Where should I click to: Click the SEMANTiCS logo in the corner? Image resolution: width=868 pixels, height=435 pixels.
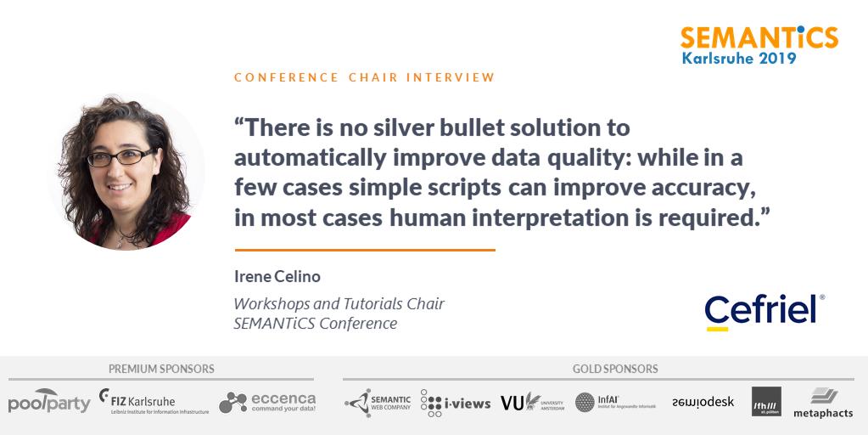click(x=759, y=37)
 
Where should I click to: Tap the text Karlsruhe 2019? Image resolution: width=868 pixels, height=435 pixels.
click(x=739, y=59)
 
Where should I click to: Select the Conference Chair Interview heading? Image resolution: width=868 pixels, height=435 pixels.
click(x=364, y=77)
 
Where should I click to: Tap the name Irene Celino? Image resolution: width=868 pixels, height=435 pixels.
click(x=277, y=277)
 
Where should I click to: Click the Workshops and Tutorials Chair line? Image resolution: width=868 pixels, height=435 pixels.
click(x=339, y=303)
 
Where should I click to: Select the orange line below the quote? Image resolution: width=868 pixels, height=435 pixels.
click(x=365, y=250)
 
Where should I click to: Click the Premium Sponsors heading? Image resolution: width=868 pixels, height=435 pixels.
click(x=161, y=369)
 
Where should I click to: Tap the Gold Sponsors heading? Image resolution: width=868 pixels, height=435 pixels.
click(x=615, y=369)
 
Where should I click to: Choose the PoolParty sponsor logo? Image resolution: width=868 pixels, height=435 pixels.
click(x=49, y=402)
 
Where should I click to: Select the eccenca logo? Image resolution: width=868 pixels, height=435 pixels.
click(x=267, y=402)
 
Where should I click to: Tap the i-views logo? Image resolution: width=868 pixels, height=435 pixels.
click(x=456, y=403)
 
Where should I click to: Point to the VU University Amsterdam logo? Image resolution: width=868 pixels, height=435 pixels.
click(x=532, y=402)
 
